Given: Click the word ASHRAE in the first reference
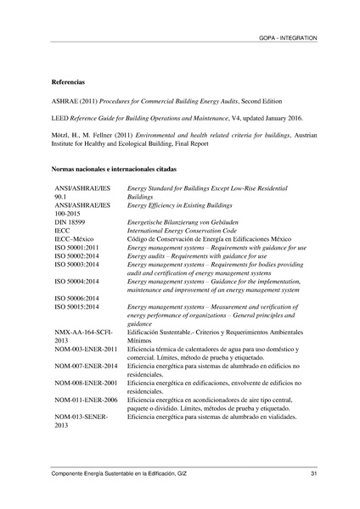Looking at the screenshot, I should [65, 101].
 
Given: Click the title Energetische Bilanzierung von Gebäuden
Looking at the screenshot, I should [182, 221].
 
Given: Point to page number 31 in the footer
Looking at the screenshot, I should [313, 473].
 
